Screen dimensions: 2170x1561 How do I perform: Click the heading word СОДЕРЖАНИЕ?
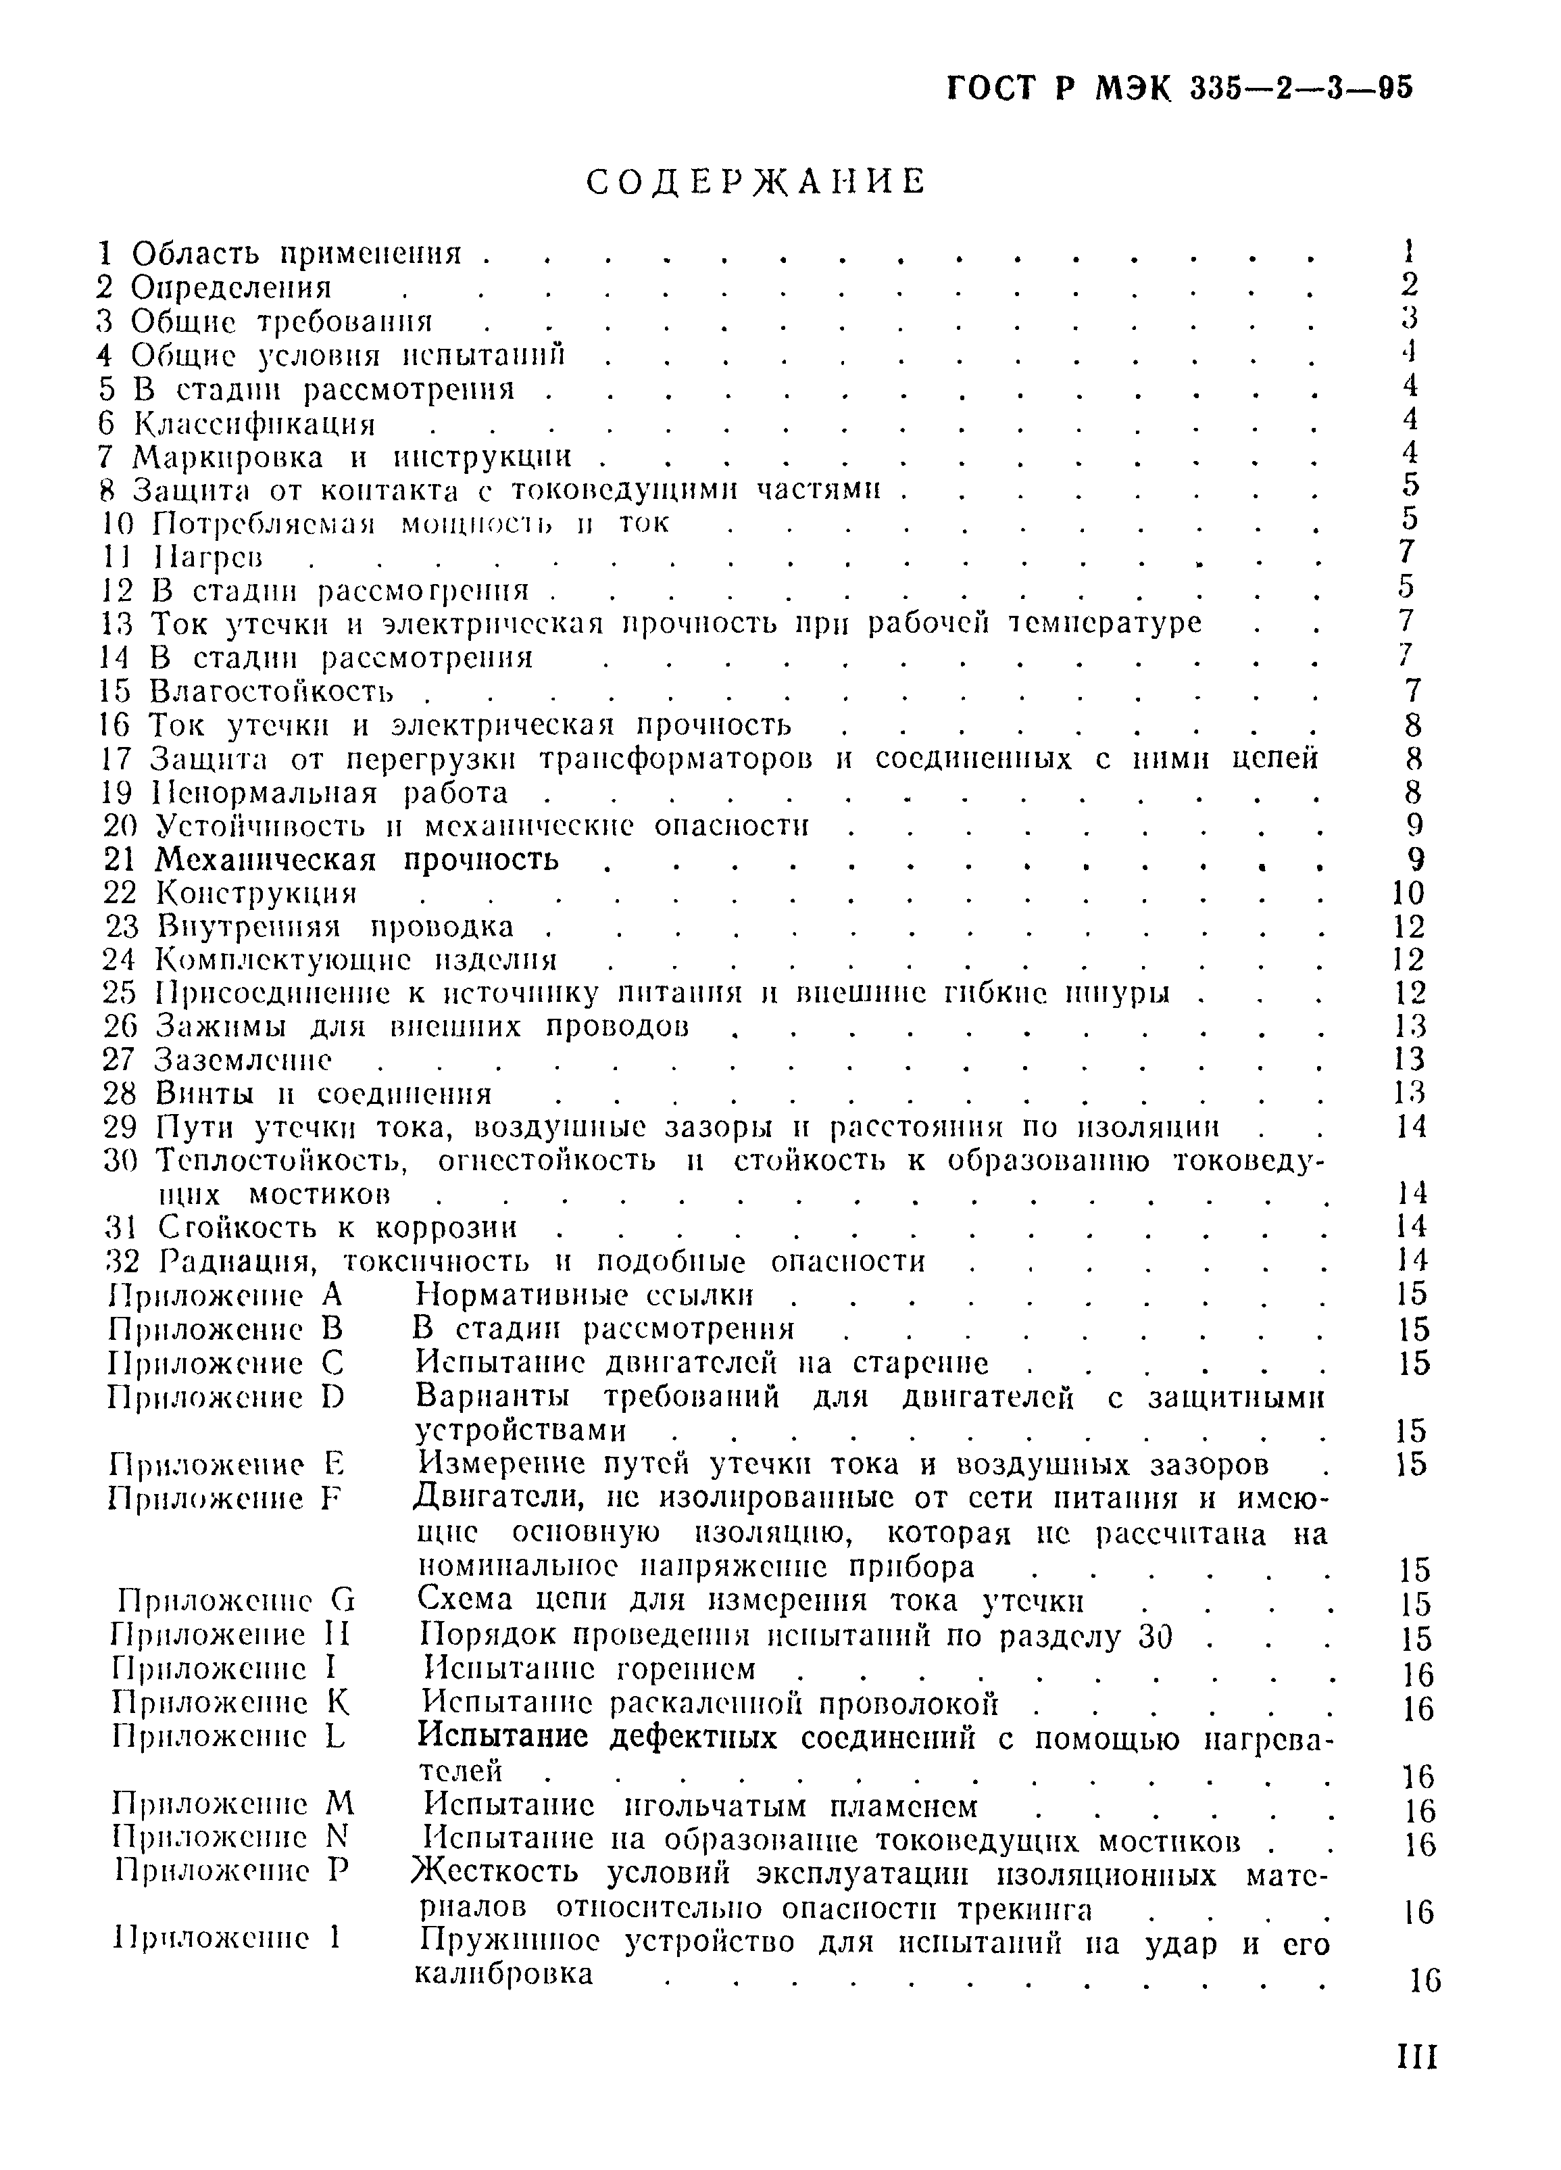coord(755,181)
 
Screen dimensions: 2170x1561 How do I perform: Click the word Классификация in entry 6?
coord(253,423)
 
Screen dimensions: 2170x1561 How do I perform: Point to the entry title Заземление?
coord(244,1060)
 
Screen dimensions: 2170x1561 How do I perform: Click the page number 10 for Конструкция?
coord(1409,894)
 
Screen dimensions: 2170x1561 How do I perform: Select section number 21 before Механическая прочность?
coord(120,860)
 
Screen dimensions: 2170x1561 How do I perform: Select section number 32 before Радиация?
coord(120,1261)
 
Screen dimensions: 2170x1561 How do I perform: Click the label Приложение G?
coord(235,1599)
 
